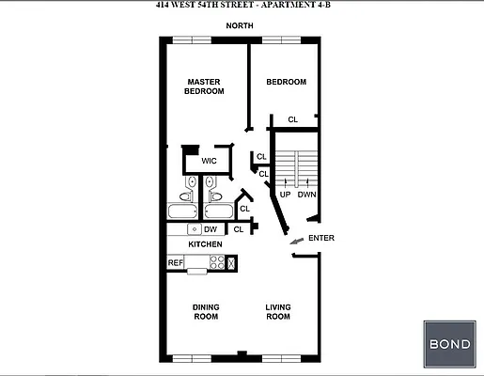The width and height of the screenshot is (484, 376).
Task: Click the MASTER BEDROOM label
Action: pos(204,86)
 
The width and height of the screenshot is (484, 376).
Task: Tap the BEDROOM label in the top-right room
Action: pos(286,82)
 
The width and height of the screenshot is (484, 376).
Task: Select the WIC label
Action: pos(209,161)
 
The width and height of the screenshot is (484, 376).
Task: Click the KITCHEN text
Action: pos(205,244)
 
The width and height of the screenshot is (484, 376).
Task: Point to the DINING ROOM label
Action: pos(206,311)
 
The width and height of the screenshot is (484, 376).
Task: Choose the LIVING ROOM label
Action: pos(277,311)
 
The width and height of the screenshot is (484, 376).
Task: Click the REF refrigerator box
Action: pos(175,263)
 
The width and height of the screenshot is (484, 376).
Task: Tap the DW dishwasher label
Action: pos(210,228)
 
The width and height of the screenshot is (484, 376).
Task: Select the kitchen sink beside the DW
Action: pos(193,228)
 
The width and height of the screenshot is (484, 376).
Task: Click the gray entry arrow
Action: pos(296,242)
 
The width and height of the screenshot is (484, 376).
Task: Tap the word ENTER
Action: pos(320,238)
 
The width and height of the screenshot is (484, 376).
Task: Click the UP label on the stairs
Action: pos(285,195)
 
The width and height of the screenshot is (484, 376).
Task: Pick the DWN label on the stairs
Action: pos(306,195)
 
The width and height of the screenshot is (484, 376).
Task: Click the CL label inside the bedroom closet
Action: pos(292,119)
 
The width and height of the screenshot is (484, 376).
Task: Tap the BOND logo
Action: pos(449,344)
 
